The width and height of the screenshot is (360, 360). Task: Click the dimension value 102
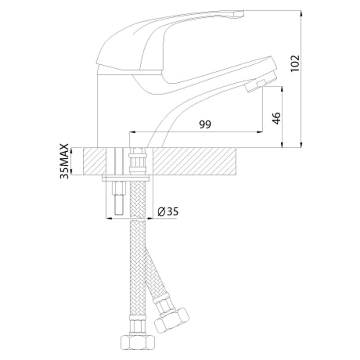point(295,63)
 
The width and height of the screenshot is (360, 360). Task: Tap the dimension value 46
point(276,118)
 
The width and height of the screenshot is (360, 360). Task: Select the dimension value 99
point(205,124)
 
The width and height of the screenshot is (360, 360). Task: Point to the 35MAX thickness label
point(64,161)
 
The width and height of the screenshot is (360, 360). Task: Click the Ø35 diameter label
point(168,211)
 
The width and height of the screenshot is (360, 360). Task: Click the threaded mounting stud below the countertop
point(118,198)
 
